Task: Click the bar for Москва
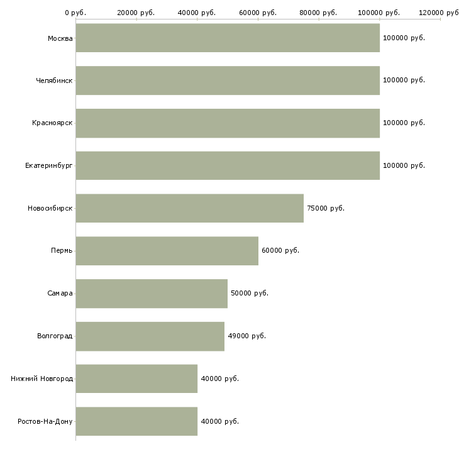[x=228, y=38]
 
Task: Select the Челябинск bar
[x=228, y=80]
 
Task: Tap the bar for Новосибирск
[x=190, y=208]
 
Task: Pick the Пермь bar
[x=167, y=251]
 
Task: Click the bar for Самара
[x=152, y=294]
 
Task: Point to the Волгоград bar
[x=150, y=336]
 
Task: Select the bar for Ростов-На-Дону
[x=136, y=421]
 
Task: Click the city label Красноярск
[x=52, y=123]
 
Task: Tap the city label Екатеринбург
[x=48, y=166]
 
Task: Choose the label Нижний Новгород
[x=42, y=379]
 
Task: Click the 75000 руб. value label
[x=326, y=208]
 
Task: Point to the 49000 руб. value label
[x=246, y=336]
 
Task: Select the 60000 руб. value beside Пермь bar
[x=280, y=250]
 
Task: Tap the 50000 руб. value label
[x=250, y=293]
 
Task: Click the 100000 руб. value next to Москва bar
[x=404, y=38]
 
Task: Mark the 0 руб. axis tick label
[x=75, y=13]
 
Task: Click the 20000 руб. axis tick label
[x=136, y=13]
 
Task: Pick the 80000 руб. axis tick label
[x=318, y=13]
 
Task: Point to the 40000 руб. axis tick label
[x=197, y=13]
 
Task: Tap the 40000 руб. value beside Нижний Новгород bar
[x=220, y=379]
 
